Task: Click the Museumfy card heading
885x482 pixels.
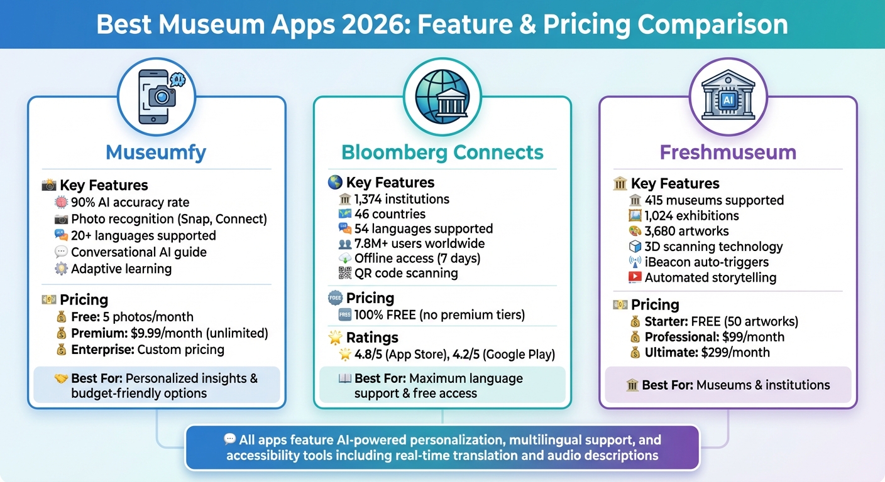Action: tap(156, 152)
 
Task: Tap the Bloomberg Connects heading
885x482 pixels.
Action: tap(442, 152)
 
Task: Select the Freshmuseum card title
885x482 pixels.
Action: tap(728, 152)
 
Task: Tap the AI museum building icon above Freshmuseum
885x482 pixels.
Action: tap(728, 97)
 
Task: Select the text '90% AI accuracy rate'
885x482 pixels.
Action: tap(129, 202)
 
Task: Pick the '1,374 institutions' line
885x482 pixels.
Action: tap(402, 199)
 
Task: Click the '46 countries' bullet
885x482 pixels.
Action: tap(390, 214)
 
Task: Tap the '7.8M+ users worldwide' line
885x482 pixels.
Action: tap(419, 244)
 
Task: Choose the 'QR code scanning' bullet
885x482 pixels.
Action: tap(406, 273)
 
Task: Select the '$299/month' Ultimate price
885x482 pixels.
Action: tap(735, 352)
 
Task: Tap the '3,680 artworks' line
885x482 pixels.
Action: tap(686, 230)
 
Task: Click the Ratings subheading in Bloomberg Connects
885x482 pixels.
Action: tap(372, 338)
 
